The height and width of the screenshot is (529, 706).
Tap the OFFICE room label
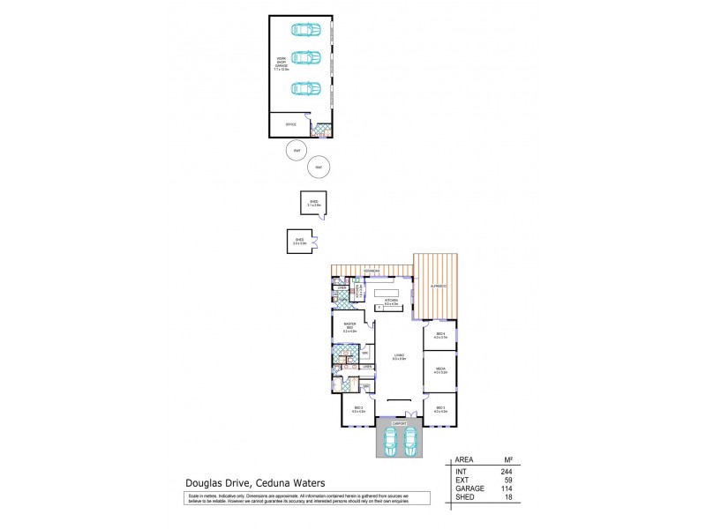tap(290, 126)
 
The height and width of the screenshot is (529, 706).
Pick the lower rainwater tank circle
tap(317, 167)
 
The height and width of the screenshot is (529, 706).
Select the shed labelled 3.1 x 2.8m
tap(313, 203)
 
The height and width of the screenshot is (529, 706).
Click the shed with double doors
tap(298, 240)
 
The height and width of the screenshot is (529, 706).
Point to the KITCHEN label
tap(391, 302)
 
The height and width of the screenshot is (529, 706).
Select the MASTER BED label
tap(349, 326)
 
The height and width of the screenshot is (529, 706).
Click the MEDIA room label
tap(440, 370)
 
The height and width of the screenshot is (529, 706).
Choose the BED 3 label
tap(440, 408)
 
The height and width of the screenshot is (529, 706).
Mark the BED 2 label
tap(357, 408)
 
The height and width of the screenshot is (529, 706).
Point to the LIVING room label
tap(398, 356)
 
